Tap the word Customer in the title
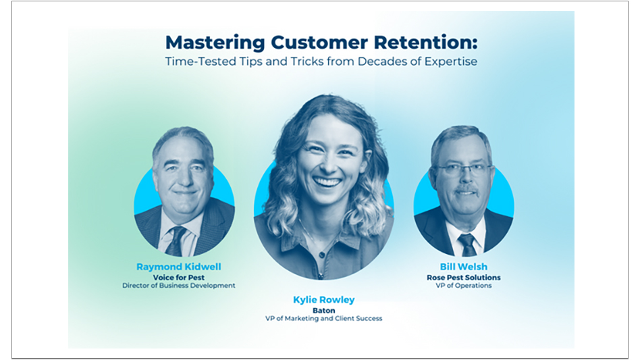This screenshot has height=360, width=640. (x=314, y=43)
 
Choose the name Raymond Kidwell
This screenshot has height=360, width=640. (x=178, y=267)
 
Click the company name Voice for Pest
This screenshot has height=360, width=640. (x=178, y=277)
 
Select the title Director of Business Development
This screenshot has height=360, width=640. (x=178, y=286)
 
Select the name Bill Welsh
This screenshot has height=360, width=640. (x=463, y=267)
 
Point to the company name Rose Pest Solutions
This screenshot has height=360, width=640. (x=463, y=277)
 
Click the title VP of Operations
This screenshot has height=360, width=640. (x=463, y=286)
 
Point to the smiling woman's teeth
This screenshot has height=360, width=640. (x=327, y=182)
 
